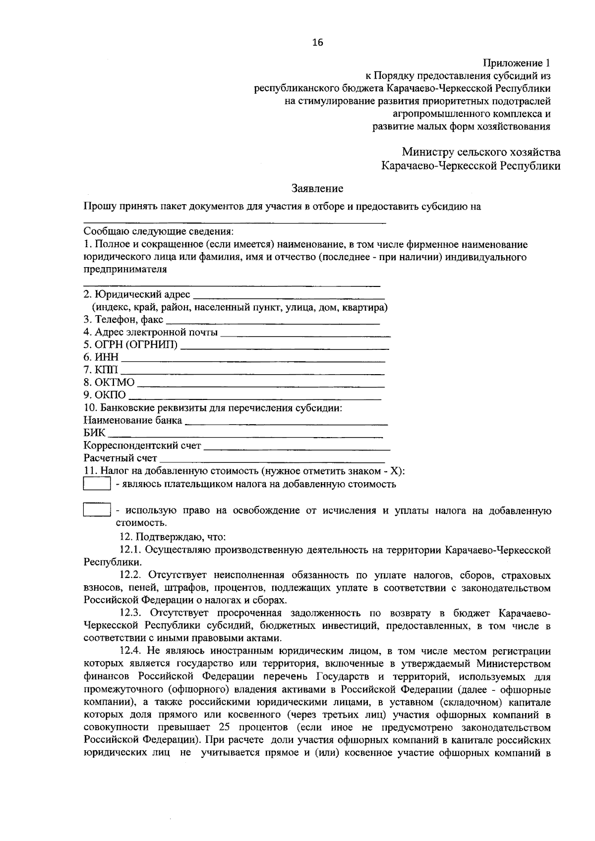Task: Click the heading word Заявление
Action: tap(317, 189)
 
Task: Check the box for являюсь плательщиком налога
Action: tap(96, 484)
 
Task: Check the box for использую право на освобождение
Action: tap(96, 510)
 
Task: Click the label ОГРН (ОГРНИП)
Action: tap(130, 345)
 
